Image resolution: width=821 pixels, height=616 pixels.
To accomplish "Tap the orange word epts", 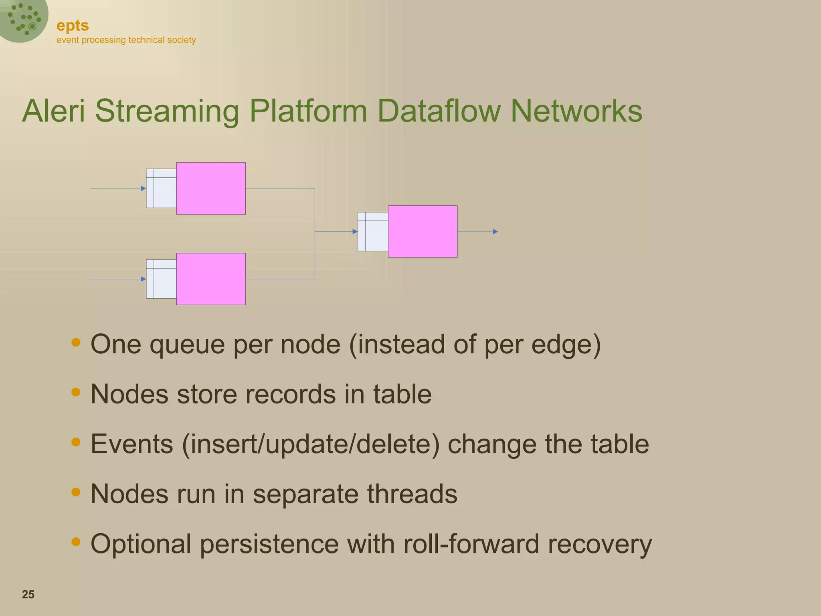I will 73,26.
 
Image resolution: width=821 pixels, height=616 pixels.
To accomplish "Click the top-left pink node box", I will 211,188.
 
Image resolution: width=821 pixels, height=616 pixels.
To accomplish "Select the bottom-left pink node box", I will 211,279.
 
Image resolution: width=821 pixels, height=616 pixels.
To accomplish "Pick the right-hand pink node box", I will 423,231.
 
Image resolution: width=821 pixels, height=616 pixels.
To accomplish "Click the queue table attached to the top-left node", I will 161,188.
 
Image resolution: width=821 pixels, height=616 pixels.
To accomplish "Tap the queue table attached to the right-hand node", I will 373,232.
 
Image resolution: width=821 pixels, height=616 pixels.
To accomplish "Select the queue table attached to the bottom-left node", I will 161,279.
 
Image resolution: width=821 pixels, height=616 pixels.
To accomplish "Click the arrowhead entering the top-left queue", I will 144,188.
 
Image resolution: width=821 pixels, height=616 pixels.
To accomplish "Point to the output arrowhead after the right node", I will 495,231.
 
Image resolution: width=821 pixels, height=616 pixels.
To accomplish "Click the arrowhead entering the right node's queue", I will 355,231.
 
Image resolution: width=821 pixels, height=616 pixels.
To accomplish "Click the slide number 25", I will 28,594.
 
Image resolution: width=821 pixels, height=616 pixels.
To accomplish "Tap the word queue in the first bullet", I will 187,345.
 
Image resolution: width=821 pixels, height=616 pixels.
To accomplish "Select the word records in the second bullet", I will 291,394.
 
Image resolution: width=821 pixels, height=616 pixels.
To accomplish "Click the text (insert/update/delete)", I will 311,444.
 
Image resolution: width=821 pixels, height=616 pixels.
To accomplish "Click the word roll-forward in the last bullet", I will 471,544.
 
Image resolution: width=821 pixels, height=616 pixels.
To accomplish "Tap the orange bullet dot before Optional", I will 76,542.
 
